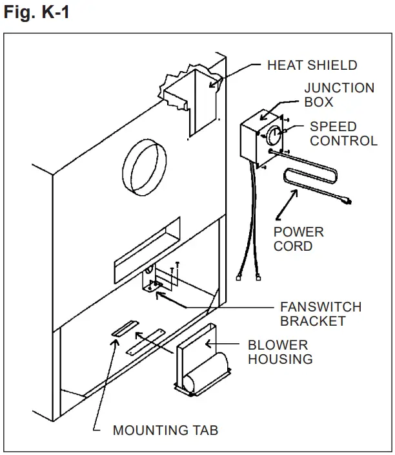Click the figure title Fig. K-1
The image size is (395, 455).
[x=36, y=12]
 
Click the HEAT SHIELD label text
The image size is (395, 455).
[x=312, y=65]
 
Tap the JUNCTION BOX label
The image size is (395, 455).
[x=339, y=95]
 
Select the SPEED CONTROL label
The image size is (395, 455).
[x=343, y=133]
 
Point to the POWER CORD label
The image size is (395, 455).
[x=298, y=238]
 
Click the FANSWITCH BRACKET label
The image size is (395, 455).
[x=320, y=313]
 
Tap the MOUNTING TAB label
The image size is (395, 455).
[x=165, y=430]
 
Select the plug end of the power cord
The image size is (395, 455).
[x=347, y=202]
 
